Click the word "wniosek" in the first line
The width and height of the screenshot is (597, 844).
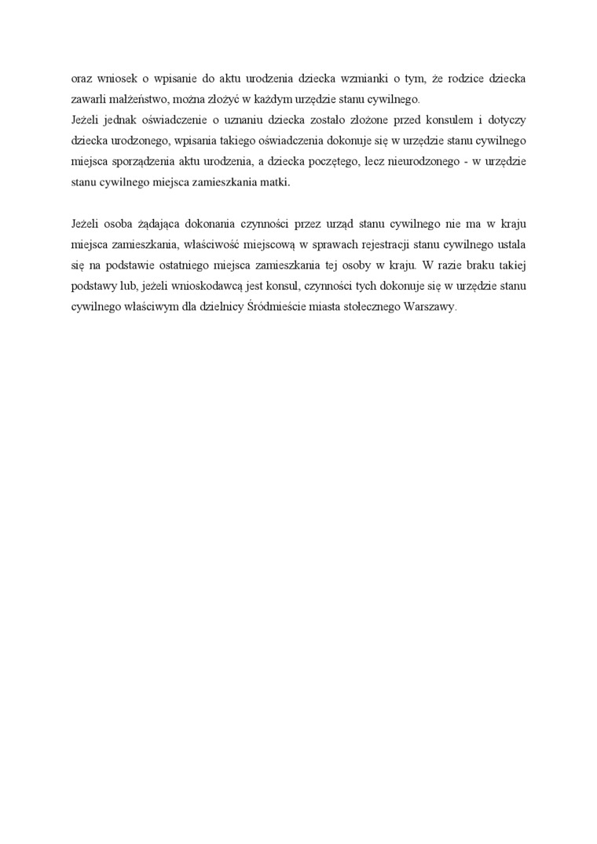coord(113,79)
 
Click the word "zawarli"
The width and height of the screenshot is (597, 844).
coord(87,100)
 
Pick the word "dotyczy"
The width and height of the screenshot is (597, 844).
coord(507,120)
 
